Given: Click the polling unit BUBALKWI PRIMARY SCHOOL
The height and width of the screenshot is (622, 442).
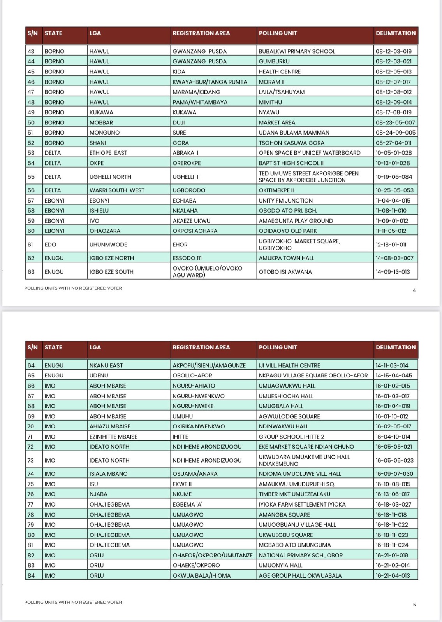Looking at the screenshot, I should tap(297, 51).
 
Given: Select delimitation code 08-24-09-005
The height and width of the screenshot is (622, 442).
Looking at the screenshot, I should tap(395, 133).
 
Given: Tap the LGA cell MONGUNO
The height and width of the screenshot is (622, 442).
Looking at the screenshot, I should tap(104, 133).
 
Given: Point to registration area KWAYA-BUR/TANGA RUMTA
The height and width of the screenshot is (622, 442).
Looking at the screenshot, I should tap(210, 82).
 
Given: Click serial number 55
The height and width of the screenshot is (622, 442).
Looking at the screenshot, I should tap(31, 177).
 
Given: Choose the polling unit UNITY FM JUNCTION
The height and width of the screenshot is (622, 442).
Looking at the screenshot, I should tap(285, 201).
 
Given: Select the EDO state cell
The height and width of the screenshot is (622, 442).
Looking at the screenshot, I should tap(50, 245).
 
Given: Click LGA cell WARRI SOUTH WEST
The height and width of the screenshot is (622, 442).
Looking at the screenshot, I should tap(117, 190).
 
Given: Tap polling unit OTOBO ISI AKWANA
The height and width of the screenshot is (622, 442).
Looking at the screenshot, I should tap(285, 272).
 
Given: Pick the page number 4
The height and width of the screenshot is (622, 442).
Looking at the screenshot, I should tap(414, 290).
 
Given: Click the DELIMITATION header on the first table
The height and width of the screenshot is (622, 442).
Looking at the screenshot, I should tap(395, 33).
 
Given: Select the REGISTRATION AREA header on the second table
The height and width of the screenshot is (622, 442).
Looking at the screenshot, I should tap(201, 348).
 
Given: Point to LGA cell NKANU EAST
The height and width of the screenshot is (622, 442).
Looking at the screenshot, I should tap(106, 365).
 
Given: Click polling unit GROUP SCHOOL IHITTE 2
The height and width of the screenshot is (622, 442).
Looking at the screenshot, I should tap(291, 437).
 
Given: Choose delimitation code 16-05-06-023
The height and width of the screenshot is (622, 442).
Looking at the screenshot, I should tap(394, 460).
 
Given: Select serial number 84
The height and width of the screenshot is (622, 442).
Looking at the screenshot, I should tap(31, 575).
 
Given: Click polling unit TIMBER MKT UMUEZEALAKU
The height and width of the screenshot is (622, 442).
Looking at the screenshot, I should tap(294, 494).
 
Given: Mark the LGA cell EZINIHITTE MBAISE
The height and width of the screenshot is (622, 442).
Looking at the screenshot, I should tap(113, 437).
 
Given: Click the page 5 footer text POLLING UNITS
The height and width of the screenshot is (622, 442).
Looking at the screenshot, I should tap(73, 602).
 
